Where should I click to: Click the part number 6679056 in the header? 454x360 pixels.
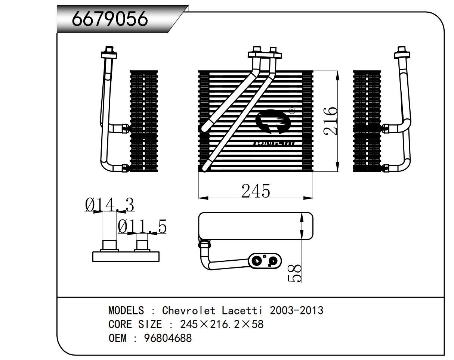pyautogui.click(x=110, y=19)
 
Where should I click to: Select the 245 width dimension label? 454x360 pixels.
pyautogui.click(x=256, y=191)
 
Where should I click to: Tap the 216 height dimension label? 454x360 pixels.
pyautogui.click(x=331, y=121)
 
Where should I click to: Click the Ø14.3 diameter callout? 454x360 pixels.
pyautogui.click(x=109, y=205)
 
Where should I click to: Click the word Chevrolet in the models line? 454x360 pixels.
pyautogui.click(x=189, y=310)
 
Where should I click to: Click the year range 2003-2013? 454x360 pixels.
pyautogui.click(x=296, y=310)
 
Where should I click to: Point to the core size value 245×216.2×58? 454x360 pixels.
pyautogui.click(x=222, y=324)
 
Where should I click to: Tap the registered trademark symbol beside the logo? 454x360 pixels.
pyautogui.click(x=292, y=110)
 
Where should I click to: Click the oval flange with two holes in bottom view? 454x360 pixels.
pyautogui.click(x=265, y=261)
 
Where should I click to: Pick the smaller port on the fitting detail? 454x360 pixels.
pyautogui.click(x=142, y=245)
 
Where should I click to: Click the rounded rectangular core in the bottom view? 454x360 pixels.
pyautogui.click(x=256, y=226)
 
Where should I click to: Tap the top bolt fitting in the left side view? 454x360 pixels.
pyautogui.click(x=109, y=52)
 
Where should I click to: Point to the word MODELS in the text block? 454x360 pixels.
pyautogui.click(x=126, y=310)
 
